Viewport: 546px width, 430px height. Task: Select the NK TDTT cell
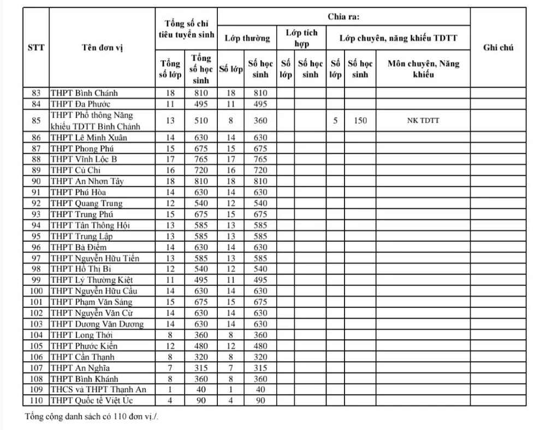pyautogui.click(x=423, y=121)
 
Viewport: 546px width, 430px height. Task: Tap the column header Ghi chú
pyautogui.click(x=498, y=47)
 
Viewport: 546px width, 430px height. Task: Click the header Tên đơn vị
pyautogui.click(x=102, y=47)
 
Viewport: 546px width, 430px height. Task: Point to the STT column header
pyautogui.click(x=36, y=47)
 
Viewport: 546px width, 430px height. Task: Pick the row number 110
pyautogui.click(x=36, y=401)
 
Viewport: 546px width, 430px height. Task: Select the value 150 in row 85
pyautogui.click(x=360, y=121)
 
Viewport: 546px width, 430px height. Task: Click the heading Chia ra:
pyautogui.click(x=343, y=17)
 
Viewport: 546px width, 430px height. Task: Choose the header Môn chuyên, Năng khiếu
pyautogui.click(x=423, y=69)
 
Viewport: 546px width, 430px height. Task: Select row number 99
pyautogui.click(x=36, y=280)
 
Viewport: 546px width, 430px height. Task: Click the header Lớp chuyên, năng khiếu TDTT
pyautogui.click(x=398, y=38)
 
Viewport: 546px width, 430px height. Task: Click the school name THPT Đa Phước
pyautogui.click(x=81, y=104)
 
